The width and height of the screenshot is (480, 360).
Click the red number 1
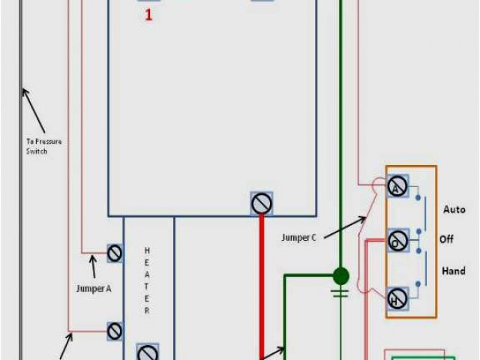point(148,14)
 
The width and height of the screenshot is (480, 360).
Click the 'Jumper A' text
point(94,287)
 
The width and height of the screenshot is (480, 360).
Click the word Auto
point(454,208)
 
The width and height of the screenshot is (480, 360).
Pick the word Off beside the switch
point(447,239)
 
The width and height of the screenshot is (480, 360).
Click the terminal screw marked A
point(397,186)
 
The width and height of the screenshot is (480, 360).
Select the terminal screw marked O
point(397,240)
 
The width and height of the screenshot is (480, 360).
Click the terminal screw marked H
point(397,298)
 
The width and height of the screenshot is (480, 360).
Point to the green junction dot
point(340,275)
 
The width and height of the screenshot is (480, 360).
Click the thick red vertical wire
point(261,285)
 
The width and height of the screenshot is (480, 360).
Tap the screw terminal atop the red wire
point(261,202)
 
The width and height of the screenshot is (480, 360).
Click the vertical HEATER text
point(147,280)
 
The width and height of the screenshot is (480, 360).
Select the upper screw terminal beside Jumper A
point(115,253)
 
